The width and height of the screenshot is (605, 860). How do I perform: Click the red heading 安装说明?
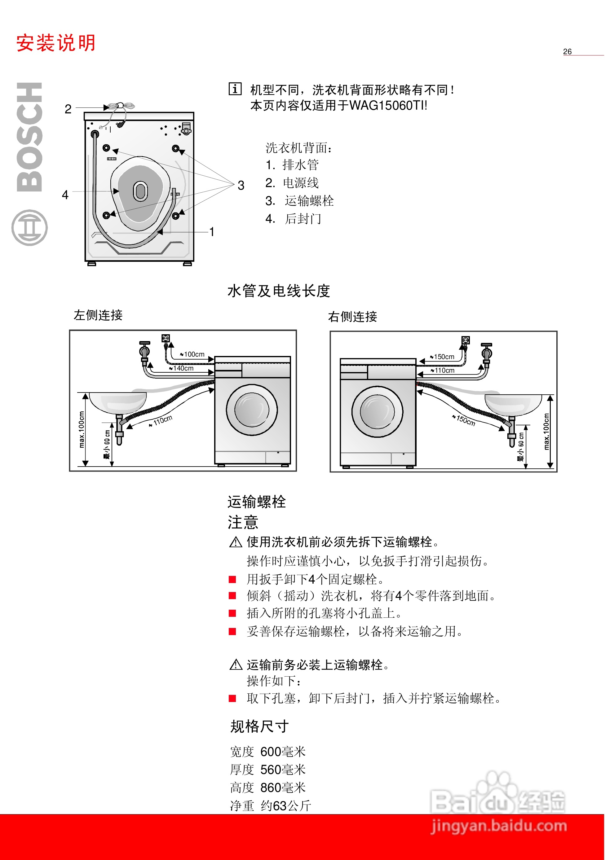pos(56,43)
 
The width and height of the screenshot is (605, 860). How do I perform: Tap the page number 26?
pos(567,52)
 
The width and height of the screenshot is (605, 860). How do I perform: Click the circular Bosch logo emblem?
pos(30,228)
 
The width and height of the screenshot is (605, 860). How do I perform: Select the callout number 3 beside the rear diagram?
pos(241,185)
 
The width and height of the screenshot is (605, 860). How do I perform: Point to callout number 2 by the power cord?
pos(68,109)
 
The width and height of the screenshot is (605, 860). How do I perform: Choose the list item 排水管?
pos(300,165)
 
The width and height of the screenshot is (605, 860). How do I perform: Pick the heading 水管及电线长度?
pos(279,291)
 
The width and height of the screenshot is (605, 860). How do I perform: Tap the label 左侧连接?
pos(98,315)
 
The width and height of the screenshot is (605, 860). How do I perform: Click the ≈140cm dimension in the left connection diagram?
pos(183,368)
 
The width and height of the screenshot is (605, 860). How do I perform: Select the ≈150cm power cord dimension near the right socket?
pos(443,357)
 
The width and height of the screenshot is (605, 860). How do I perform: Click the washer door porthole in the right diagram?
pos(377,412)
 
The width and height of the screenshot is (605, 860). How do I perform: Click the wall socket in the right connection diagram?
pos(466,340)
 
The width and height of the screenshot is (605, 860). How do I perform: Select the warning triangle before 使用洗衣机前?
pos(236,542)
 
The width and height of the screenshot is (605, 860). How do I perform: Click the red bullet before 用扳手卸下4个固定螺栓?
pos(232,579)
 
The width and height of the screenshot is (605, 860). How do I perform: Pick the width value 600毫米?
pos(283,751)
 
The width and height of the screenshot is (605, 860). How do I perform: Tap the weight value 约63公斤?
pos(286,805)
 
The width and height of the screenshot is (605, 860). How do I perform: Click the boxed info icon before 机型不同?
pos(235,89)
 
